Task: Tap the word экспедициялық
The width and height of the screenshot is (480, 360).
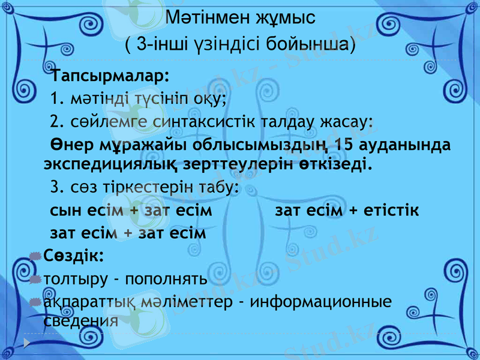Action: (92, 163)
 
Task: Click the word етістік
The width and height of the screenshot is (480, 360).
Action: (392, 211)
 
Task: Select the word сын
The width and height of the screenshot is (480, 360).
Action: (67, 211)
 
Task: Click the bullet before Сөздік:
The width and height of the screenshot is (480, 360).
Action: (35, 257)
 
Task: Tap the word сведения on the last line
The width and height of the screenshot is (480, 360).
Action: (80, 319)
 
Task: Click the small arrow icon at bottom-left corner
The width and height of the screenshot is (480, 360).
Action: (27, 343)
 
